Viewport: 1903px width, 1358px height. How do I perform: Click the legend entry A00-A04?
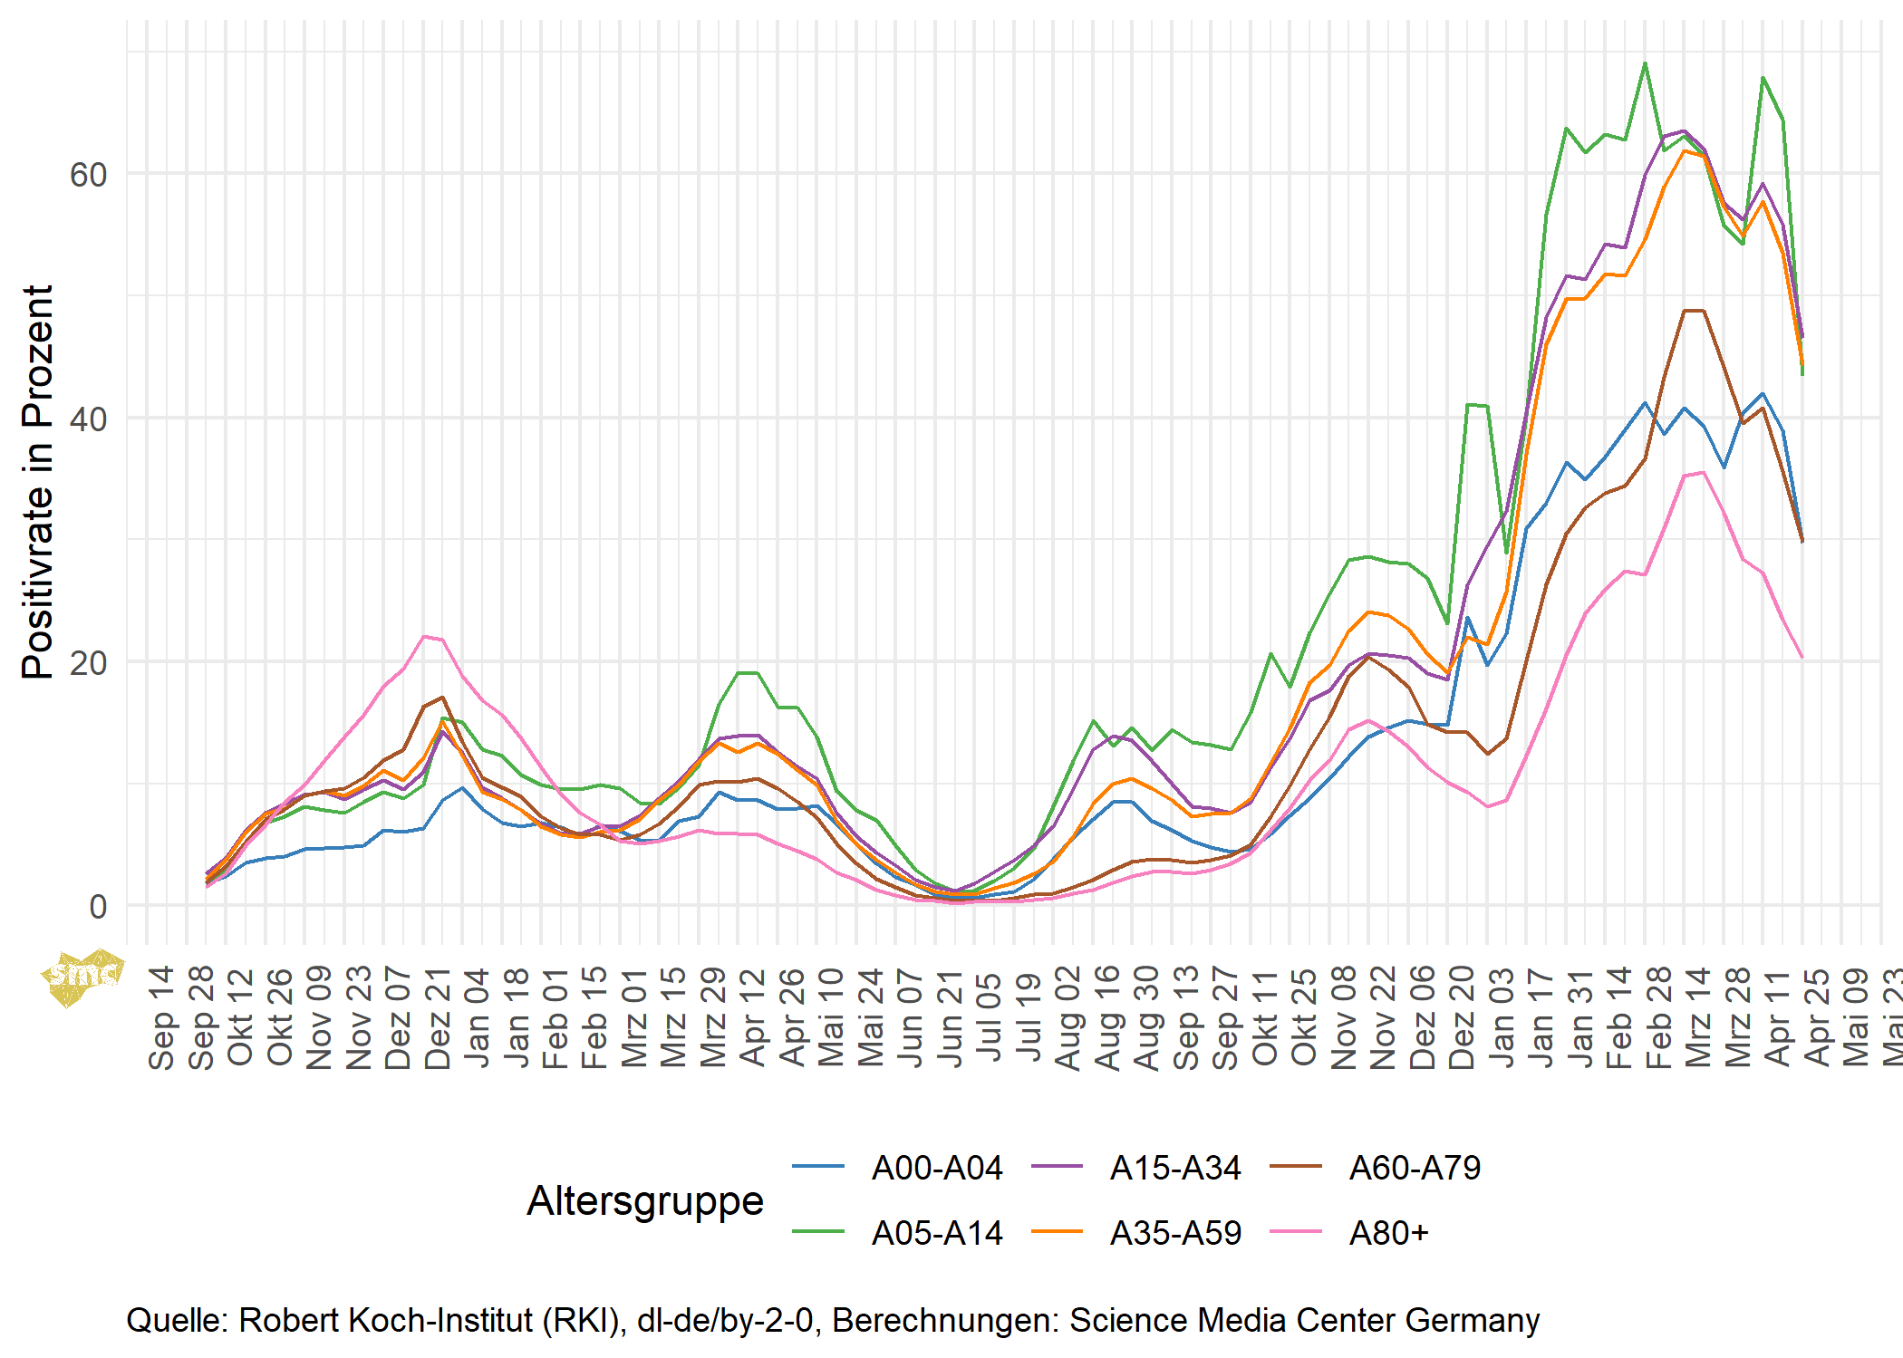coord(936,1168)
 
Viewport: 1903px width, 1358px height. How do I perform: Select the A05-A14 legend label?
coord(936,1233)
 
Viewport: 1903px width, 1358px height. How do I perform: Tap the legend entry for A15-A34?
coord(1175,1168)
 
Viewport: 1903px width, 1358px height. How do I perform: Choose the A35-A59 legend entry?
coord(1175,1233)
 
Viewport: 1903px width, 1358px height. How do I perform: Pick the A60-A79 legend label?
coord(1415,1168)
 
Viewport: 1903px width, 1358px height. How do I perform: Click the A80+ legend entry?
coord(1388,1233)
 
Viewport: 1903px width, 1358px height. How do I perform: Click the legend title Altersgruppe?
coord(645,1200)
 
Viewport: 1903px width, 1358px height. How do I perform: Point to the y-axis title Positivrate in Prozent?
coord(38,482)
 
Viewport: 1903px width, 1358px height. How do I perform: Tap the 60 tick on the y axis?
coord(88,175)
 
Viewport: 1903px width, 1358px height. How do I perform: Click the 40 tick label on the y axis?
coord(88,419)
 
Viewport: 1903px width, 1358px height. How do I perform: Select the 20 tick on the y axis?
coord(88,662)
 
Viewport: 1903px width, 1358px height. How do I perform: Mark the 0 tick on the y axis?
coord(98,906)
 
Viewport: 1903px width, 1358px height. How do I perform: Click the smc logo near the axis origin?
coord(82,976)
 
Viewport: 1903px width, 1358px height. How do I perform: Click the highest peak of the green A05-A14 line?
coord(1645,63)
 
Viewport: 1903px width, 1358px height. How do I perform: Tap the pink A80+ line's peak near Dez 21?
coord(424,636)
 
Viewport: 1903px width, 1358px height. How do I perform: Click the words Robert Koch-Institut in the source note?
coord(384,1320)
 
